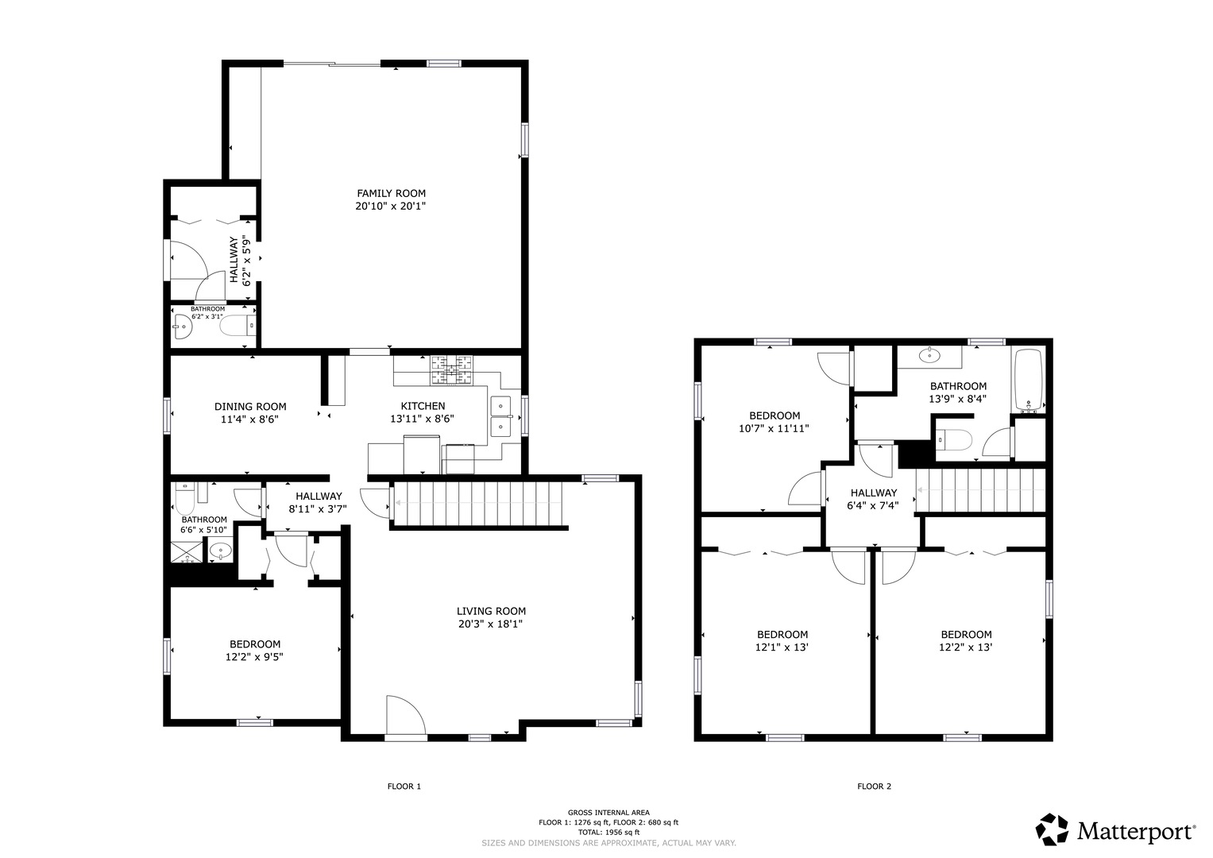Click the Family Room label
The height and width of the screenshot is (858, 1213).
coord(391,193)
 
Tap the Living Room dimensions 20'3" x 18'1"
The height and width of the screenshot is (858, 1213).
coord(490,624)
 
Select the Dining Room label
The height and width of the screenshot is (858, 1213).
coord(250,406)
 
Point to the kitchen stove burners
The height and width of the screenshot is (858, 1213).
coord(451,370)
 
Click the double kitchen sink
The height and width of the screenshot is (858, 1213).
coord(501,416)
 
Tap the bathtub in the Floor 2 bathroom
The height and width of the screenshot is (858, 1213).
coord(1029,379)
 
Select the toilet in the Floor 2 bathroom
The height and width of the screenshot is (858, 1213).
coord(954,440)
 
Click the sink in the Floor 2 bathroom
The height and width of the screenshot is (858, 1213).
coord(929,356)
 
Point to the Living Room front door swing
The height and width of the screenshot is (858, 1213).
coord(406,716)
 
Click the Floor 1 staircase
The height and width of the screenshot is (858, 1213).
coord(479,504)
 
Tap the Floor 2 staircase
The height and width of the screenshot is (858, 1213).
coord(980,490)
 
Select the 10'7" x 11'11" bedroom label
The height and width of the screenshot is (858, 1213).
coord(775,422)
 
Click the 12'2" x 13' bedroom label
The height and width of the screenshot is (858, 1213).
coord(966,641)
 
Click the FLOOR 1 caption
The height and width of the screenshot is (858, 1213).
coord(404,786)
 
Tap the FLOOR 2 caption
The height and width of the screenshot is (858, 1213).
coord(874,786)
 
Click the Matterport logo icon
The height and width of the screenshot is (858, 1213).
coord(1053,829)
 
